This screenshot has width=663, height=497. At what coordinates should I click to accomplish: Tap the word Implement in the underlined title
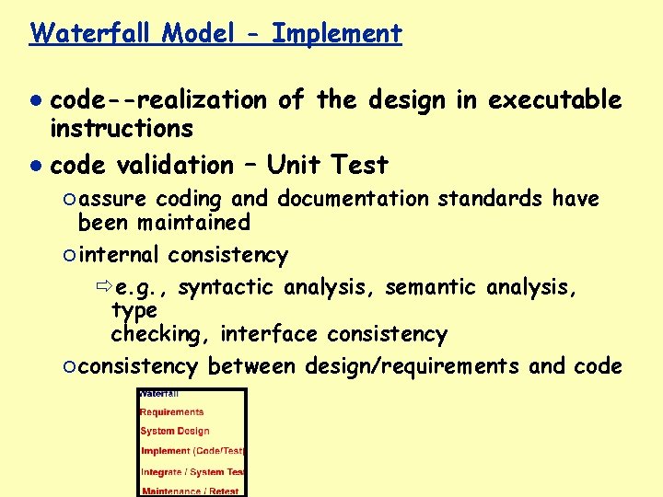tap(337, 34)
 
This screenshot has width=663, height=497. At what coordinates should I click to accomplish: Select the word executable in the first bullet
tap(555, 99)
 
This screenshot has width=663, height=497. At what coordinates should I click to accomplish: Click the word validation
tap(176, 166)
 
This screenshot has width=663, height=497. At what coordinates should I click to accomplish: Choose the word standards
tap(494, 199)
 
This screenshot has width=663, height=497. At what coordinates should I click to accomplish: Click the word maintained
tap(193, 223)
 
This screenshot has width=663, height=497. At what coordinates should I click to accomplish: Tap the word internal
tap(119, 255)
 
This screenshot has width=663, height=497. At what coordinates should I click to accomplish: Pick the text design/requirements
tap(411, 366)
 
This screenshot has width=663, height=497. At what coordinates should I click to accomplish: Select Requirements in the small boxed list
tap(172, 412)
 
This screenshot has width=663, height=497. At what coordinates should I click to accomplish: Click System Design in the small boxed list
tap(175, 431)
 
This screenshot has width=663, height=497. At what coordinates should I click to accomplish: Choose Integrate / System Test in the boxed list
tap(192, 472)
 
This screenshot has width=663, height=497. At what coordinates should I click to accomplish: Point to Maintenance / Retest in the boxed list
tap(190, 491)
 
